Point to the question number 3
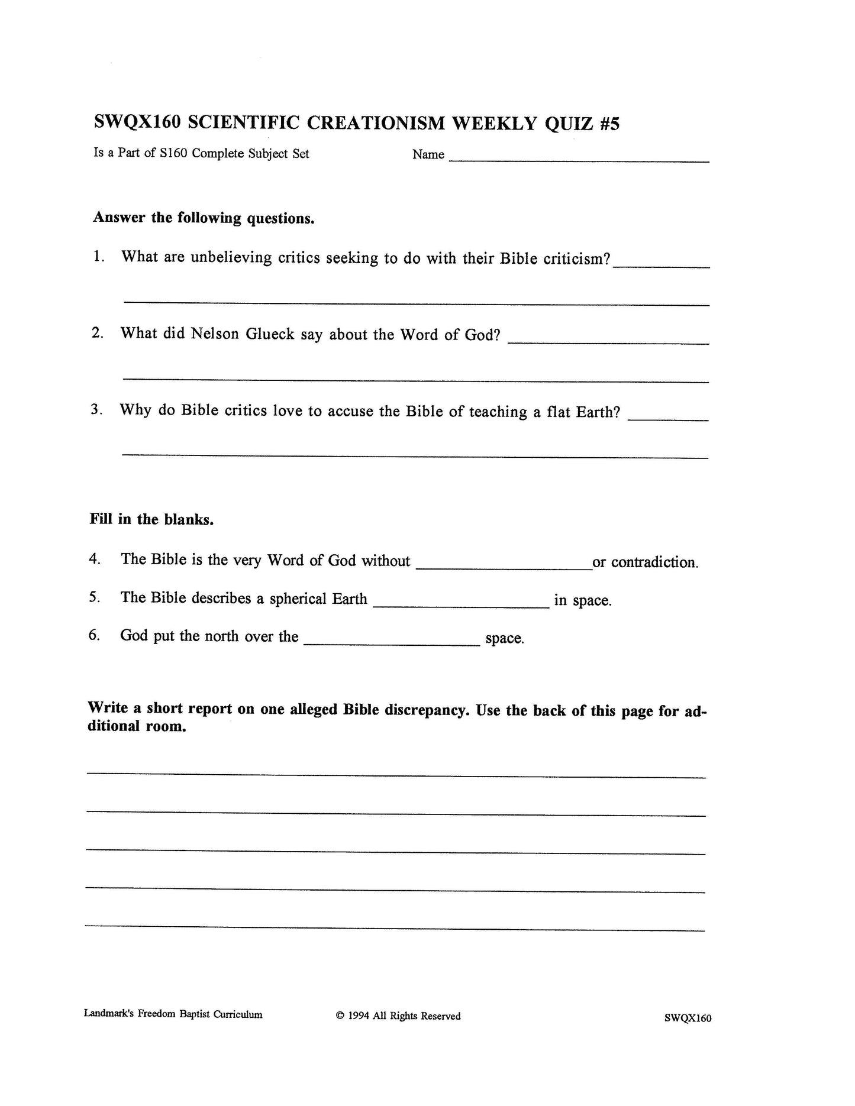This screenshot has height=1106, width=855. pyautogui.click(x=96, y=409)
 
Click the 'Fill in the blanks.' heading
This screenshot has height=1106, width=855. pyautogui.click(x=151, y=519)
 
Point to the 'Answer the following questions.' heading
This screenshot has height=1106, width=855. pyautogui.click(x=204, y=218)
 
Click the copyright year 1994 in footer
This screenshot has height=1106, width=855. pyautogui.click(x=359, y=1016)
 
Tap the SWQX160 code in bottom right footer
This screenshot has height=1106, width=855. pyautogui.click(x=688, y=1018)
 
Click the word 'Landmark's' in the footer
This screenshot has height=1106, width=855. pyautogui.click(x=109, y=1014)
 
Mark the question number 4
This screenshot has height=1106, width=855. pyautogui.click(x=95, y=559)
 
